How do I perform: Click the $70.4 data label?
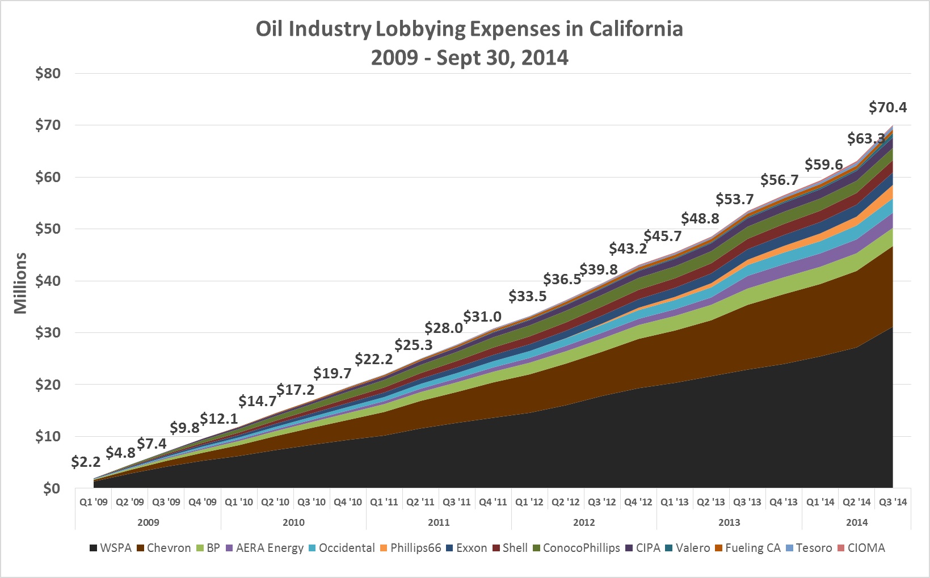pyautogui.click(x=888, y=107)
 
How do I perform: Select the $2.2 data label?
pyautogui.click(x=86, y=462)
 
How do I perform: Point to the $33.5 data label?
pyautogui.click(x=527, y=296)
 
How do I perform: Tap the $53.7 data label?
pyautogui.click(x=734, y=199)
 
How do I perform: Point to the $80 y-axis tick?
pyautogui.click(x=48, y=74)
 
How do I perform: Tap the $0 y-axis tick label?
pyautogui.click(x=52, y=488)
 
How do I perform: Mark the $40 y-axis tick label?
pyautogui.click(x=48, y=281)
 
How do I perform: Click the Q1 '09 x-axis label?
pyautogui.click(x=94, y=502)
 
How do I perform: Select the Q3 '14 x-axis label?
pyautogui.click(x=893, y=502)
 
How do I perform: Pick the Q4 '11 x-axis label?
pyautogui.click(x=493, y=502)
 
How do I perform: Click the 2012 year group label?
pyautogui.click(x=584, y=522)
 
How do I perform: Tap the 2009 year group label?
pyautogui.click(x=148, y=522)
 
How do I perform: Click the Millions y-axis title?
pyautogui.click(x=21, y=283)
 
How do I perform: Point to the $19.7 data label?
pyautogui.click(x=333, y=373)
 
